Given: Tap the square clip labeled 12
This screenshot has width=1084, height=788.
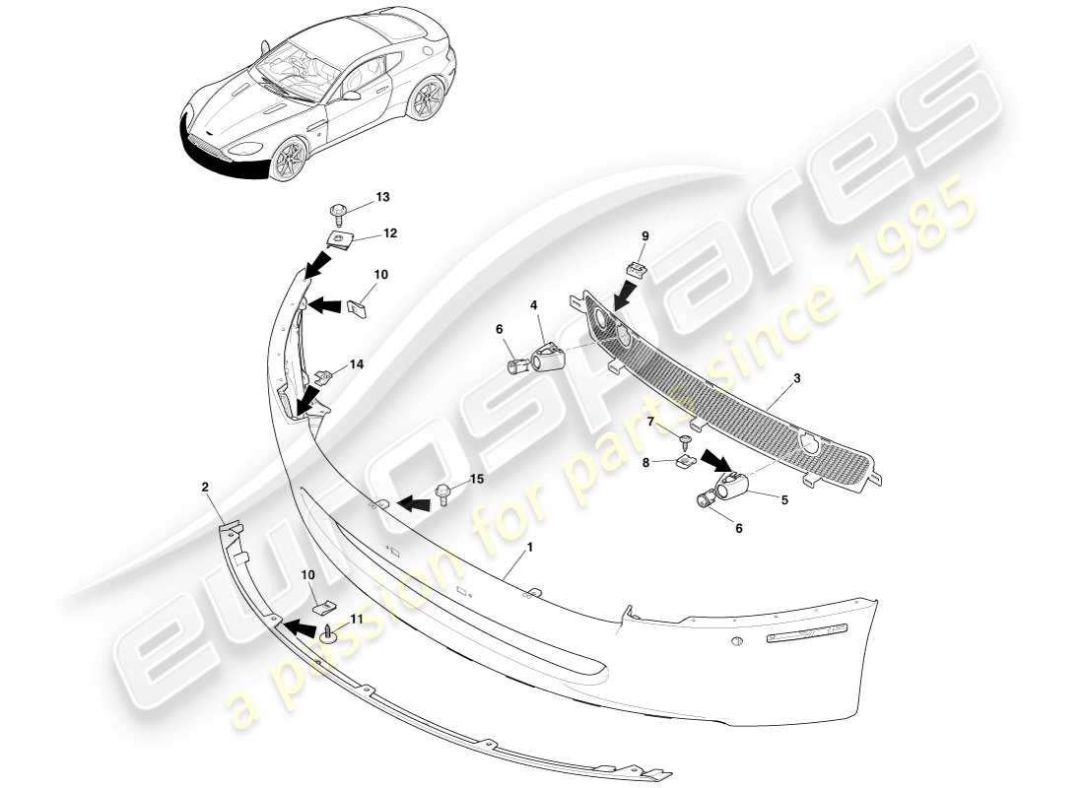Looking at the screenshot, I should pyautogui.click(x=340, y=238).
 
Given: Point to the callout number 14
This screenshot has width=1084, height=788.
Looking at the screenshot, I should pyautogui.click(x=356, y=363).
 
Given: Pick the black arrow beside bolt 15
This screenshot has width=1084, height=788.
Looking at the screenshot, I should pyautogui.click(x=414, y=504).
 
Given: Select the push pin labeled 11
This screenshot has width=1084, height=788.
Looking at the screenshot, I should pyautogui.click(x=327, y=636).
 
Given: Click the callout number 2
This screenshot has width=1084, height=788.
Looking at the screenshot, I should pyautogui.click(x=205, y=487).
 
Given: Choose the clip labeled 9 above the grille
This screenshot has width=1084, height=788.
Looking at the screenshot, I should pyautogui.click(x=635, y=268).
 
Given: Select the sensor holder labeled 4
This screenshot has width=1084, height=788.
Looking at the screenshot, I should pyautogui.click(x=547, y=354).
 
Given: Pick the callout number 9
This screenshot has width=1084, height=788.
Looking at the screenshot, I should pyautogui.click(x=644, y=236).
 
